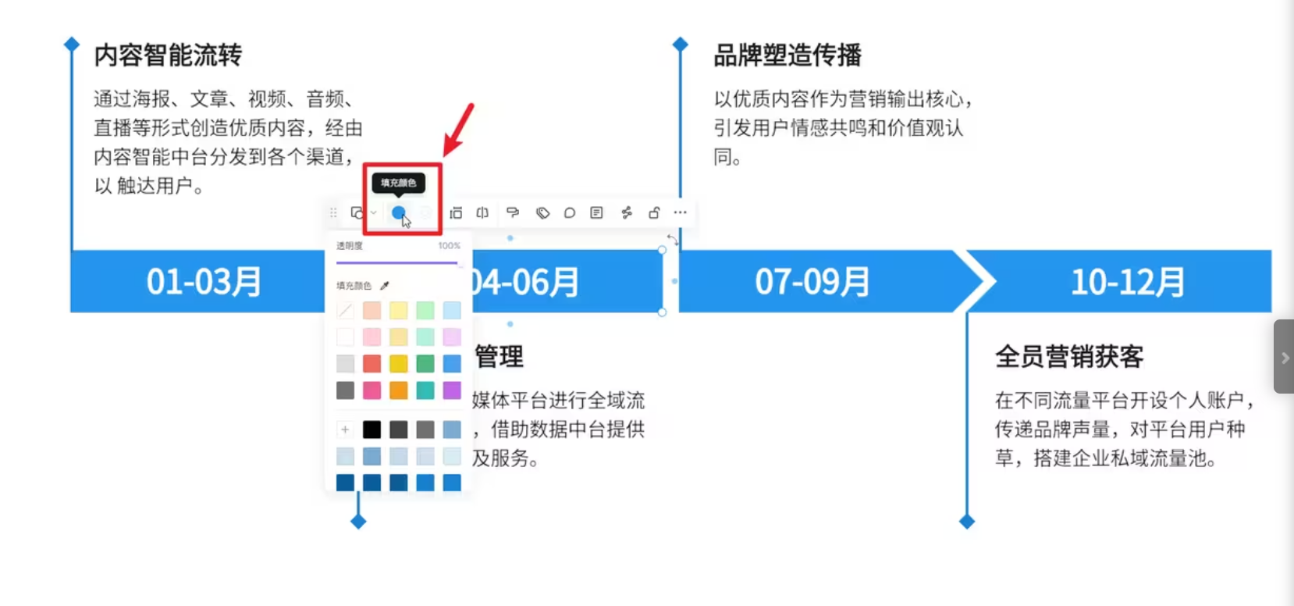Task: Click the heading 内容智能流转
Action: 168,55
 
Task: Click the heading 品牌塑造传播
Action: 787,55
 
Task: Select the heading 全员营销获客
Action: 1069,357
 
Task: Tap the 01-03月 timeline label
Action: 204,282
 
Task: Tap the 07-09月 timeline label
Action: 812,282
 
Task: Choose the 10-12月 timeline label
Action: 1128,282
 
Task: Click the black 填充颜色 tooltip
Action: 398,183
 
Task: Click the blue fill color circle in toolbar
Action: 398,212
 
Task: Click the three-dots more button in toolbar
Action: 681,212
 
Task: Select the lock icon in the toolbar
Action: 654,212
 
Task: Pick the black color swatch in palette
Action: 372,430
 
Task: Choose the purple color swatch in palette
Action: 452,390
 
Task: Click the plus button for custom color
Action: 345,430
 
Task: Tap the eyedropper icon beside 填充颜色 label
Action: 384,286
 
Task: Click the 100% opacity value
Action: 449,246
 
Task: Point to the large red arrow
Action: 459,130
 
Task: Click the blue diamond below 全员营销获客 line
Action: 966,522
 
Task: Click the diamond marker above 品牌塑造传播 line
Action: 681,45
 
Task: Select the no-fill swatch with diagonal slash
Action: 345,311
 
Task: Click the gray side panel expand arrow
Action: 1285,358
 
